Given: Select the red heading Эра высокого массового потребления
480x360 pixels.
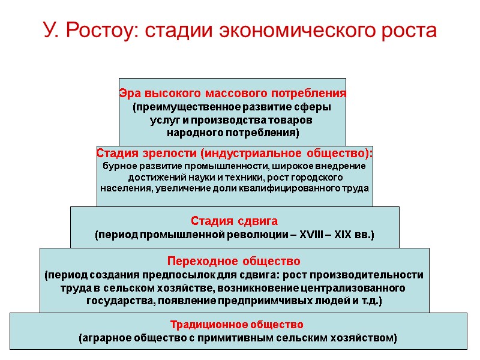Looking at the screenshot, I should tap(232, 94).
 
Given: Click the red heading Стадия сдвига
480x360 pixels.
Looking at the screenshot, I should tap(234, 221).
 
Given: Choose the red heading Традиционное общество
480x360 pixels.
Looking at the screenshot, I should tap(237, 325).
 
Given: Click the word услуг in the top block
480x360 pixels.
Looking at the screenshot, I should tap(161, 120).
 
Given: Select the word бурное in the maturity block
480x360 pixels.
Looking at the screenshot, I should tap(120, 166).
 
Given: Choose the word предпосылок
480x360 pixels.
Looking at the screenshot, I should tap(191, 275).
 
